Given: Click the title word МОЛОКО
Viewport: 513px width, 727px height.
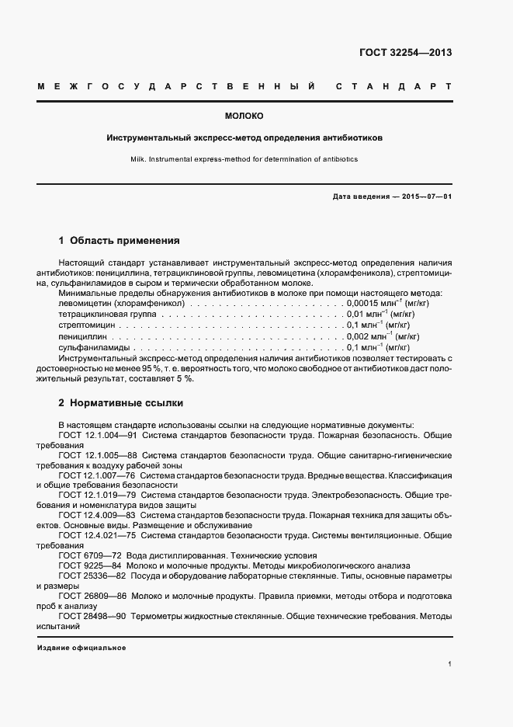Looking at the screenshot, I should point(244,117).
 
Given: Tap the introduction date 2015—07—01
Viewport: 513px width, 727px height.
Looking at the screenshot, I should point(424,197).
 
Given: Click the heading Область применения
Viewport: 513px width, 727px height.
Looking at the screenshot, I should point(125,241).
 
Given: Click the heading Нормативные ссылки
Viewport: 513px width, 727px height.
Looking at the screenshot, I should point(127,404).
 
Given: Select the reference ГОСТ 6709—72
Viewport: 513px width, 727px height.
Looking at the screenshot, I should point(90,555).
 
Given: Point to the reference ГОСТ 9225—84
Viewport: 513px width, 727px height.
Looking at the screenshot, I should point(90,565).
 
